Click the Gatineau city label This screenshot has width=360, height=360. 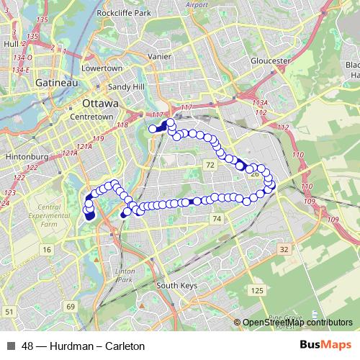[52, 84]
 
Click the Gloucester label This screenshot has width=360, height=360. [269, 60]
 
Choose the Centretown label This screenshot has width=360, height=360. [89, 117]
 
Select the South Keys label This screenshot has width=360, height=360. [176, 285]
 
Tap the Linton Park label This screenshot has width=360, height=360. [125, 274]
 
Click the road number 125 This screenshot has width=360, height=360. [257, 290]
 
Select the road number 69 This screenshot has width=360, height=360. [70, 307]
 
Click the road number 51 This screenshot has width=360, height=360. [8, 311]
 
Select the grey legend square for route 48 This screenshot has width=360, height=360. [10, 346]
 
